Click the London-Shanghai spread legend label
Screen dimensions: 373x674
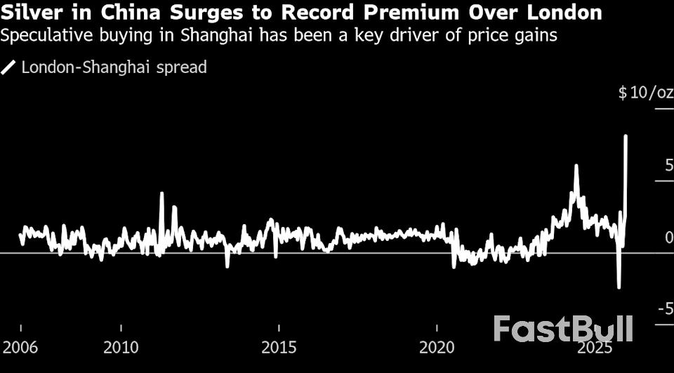point(114,67)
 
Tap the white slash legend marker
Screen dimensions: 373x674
point(9,67)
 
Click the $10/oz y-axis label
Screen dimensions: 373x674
point(645,93)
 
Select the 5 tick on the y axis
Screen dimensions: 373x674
point(668,166)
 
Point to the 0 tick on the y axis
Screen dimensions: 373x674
point(668,237)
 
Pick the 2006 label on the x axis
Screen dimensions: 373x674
point(21,347)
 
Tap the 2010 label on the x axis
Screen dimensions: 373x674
point(121,347)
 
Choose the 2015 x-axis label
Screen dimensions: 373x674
point(279,347)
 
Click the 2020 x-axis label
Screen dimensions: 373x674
point(437,347)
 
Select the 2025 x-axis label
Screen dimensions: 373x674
point(595,347)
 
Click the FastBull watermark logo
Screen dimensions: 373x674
point(562,328)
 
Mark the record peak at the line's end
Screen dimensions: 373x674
point(625,136)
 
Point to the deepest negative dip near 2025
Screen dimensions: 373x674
point(619,287)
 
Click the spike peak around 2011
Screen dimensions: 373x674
point(161,193)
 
